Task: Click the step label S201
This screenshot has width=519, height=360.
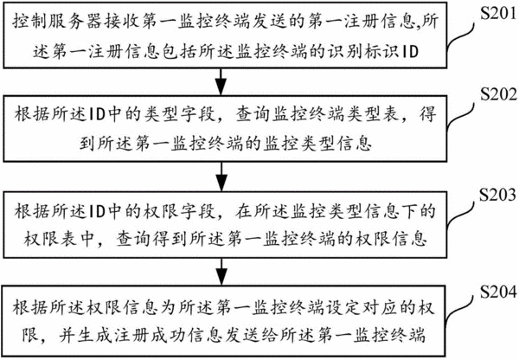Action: (x=498, y=13)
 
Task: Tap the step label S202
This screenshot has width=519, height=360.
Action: (x=498, y=94)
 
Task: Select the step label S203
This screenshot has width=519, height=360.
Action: (x=498, y=195)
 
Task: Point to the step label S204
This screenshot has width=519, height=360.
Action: (x=498, y=292)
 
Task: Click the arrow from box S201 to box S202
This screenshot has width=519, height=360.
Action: (x=221, y=82)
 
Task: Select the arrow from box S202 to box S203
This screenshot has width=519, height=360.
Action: (x=221, y=177)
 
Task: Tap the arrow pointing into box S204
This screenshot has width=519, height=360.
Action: (x=221, y=272)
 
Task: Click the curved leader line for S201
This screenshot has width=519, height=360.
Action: (x=461, y=36)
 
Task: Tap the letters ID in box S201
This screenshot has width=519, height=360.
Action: (x=410, y=52)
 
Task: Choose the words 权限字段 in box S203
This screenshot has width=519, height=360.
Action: (x=179, y=211)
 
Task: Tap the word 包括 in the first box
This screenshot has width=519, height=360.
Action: (x=180, y=52)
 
